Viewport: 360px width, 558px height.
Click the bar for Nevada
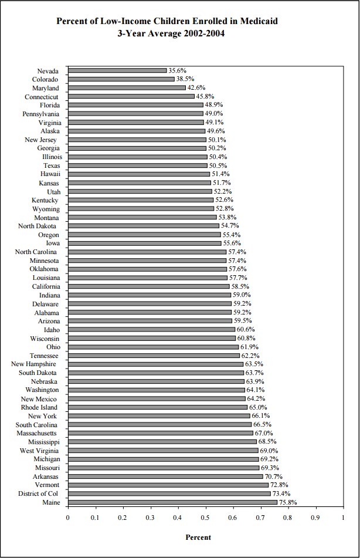pyautogui.click(x=117, y=70)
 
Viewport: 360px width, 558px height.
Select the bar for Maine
pyautogui.click(x=172, y=503)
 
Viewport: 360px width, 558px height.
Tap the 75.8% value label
pyautogui.click(x=288, y=503)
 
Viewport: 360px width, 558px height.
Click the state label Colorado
pyautogui.click(x=45, y=79)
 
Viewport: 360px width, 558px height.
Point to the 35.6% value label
pyautogui.click(x=177, y=70)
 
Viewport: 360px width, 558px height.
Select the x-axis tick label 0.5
pyautogui.click(x=205, y=518)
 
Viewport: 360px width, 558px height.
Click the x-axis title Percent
pyautogui.click(x=198, y=537)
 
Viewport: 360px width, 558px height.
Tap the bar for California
pyautogui.click(x=148, y=286)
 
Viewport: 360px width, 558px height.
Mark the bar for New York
pyautogui.click(x=159, y=416)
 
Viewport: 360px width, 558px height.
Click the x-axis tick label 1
pyautogui.click(x=343, y=518)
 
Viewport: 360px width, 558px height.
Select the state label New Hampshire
pyautogui.click(x=35, y=364)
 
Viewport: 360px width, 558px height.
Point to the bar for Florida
pyautogui.click(x=135, y=105)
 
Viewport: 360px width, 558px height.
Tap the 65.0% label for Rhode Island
pyautogui.click(x=258, y=407)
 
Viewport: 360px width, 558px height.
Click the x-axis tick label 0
pyautogui.click(x=67, y=518)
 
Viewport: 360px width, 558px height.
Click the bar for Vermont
pyautogui.click(x=168, y=485)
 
